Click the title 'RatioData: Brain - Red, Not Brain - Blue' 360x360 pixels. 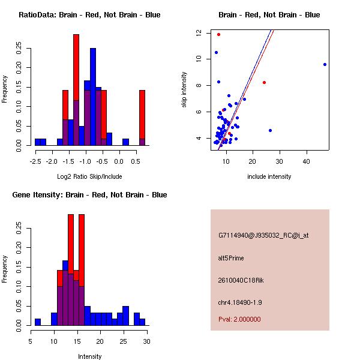pos(89,15)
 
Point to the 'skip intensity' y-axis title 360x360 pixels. pos(184,90)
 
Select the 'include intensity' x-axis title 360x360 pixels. pos(269,176)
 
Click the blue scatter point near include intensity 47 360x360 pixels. pos(325,64)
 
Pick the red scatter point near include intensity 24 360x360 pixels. pos(264,82)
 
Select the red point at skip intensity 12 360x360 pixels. pos(218,34)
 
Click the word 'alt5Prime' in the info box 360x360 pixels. pos(232,258)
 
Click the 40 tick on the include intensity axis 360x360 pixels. pos(307,161)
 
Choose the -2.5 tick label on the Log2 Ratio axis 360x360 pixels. pos(35,161)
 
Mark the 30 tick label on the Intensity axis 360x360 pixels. pos(147,341)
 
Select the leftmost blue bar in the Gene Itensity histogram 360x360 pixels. pos(38,322)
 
